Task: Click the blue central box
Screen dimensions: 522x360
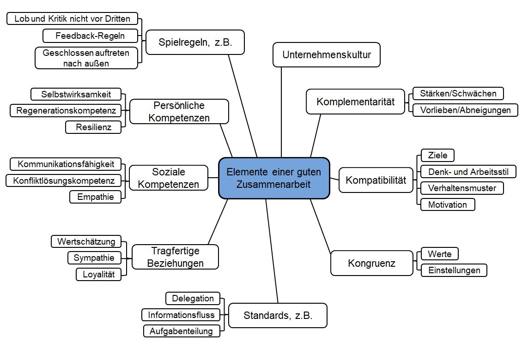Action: [274, 178]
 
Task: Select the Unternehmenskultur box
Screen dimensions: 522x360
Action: [326, 54]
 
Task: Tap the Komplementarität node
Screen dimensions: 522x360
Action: [355, 102]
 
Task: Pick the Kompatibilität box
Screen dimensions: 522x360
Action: [376, 180]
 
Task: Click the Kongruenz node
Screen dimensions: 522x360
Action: [371, 263]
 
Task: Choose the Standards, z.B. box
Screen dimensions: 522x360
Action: [278, 315]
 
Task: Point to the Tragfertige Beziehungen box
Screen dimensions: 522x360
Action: [175, 257]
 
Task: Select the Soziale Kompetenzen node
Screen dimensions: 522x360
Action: [169, 178]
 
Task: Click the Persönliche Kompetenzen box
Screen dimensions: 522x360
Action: [179, 111]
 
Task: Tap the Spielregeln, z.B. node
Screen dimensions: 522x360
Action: [195, 42]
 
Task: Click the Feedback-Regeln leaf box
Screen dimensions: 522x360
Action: [90, 36]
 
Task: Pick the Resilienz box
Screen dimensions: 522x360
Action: [94, 127]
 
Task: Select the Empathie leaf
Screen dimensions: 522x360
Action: [96, 197]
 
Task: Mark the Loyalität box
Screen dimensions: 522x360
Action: [98, 274]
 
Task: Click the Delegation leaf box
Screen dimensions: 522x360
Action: [193, 298]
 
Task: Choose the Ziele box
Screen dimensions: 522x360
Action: [437, 155]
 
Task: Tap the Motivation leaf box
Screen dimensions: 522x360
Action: [448, 204]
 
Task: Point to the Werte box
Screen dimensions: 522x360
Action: [439, 254]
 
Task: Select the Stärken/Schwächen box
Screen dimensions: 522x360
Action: [458, 94]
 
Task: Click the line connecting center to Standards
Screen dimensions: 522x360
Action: [272, 251]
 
